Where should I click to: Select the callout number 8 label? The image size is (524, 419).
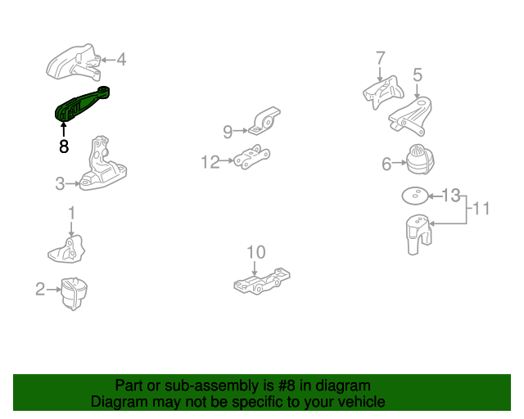coord(64,147)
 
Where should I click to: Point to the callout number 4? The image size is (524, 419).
coord(121,59)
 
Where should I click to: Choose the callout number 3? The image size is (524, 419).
coord(60,185)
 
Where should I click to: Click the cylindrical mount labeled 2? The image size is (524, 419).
coord(75,294)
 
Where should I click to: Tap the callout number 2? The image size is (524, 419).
coord(39,288)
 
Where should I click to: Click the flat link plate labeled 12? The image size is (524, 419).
coord(252,158)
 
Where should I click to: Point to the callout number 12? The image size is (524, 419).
coord(210,162)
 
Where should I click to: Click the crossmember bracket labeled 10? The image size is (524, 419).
coord(262,281)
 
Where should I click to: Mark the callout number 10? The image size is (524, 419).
coord(256,251)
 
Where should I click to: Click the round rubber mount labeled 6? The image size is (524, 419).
coord(419,158)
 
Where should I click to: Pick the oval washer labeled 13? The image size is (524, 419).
coord(417,195)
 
